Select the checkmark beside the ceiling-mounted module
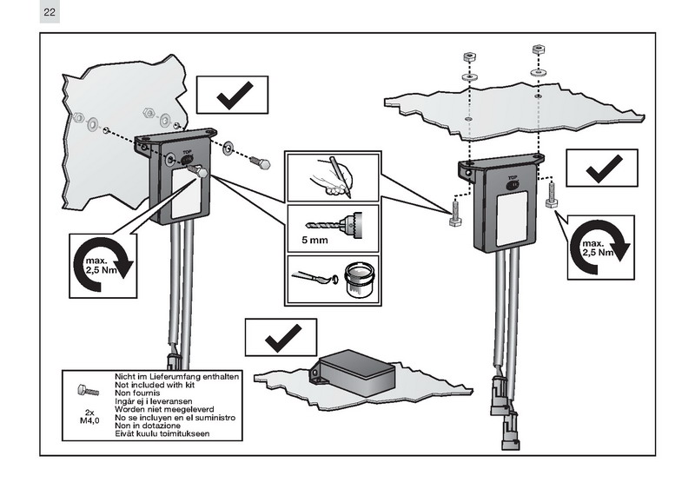[x=599, y=167]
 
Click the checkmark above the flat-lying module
[x=280, y=335]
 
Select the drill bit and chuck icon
[x=343, y=220]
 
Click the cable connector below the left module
[x=173, y=362]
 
